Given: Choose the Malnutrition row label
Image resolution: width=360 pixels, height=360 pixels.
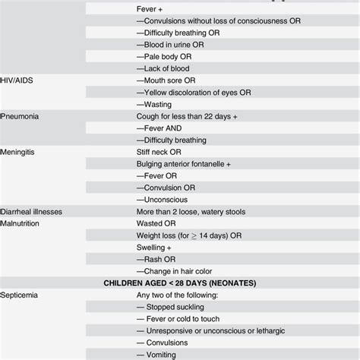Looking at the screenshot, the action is pyautogui.click(x=23, y=223).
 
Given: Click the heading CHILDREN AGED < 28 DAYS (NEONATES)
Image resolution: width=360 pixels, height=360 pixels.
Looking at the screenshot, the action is pyautogui.click(x=180, y=283).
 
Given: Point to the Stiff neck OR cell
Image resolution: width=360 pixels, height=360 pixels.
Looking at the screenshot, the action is pyautogui.click(x=162, y=152).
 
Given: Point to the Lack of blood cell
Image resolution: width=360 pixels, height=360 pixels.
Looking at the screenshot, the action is pyautogui.click(x=163, y=68).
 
